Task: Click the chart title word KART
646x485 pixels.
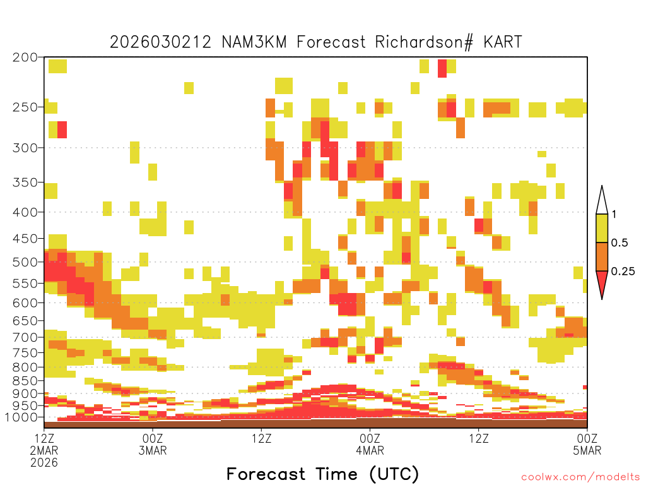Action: click(x=503, y=42)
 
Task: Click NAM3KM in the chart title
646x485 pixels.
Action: click(x=254, y=42)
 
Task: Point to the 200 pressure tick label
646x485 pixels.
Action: click(x=25, y=57)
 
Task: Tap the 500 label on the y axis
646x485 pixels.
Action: click(x=25, y=262)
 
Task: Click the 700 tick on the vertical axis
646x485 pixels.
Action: click(x=25, y=337)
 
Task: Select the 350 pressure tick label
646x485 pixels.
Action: click(x=25, y=183)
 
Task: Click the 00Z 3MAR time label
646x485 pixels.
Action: click(x=153, y=444)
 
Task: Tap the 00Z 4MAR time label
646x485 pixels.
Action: click(x=370, y=444)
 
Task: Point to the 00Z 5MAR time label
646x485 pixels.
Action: click(x=587, y=444)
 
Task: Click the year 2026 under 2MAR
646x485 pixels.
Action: click(x=44, y=462)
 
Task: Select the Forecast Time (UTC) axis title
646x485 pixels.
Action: click(x=322, y=474)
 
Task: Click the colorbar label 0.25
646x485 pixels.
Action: click(x=623, y=271)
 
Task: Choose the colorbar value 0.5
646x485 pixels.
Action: click(x=620, y=242)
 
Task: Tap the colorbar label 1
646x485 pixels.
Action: click(x=614, y=214)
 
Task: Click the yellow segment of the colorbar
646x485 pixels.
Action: click(x=602, y=228)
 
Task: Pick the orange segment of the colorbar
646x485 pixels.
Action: click(x=602, y=256)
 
